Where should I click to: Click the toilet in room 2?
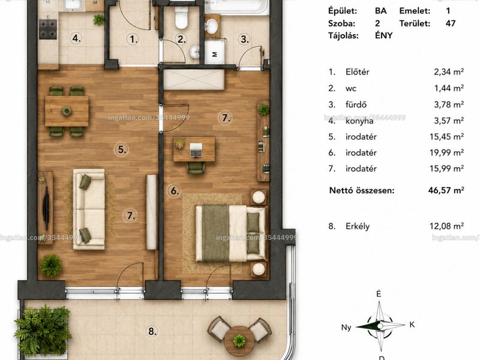pos(181,18)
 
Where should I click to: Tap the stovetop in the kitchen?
pos(48,29)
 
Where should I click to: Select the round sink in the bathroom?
pos(212,26)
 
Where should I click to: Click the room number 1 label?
pos(133,39)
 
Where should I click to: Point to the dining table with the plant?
pos(67,111)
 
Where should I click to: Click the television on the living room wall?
pos(46,208)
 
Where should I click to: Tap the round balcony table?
pos(239,340)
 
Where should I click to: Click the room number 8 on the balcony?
pos(152,331)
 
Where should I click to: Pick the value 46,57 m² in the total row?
pos(446,190)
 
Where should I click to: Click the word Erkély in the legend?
pos(358,226)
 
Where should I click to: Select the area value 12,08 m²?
pos(446,226)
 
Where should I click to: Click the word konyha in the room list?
pos(359,121)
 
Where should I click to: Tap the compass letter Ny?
pos(346,327)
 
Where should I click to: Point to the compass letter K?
pos(412,325)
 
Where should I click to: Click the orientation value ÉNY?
pos(383,35)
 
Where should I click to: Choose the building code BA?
pos(381,11)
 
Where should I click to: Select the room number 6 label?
pos(174,191)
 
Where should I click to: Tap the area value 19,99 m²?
pos(446,152)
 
